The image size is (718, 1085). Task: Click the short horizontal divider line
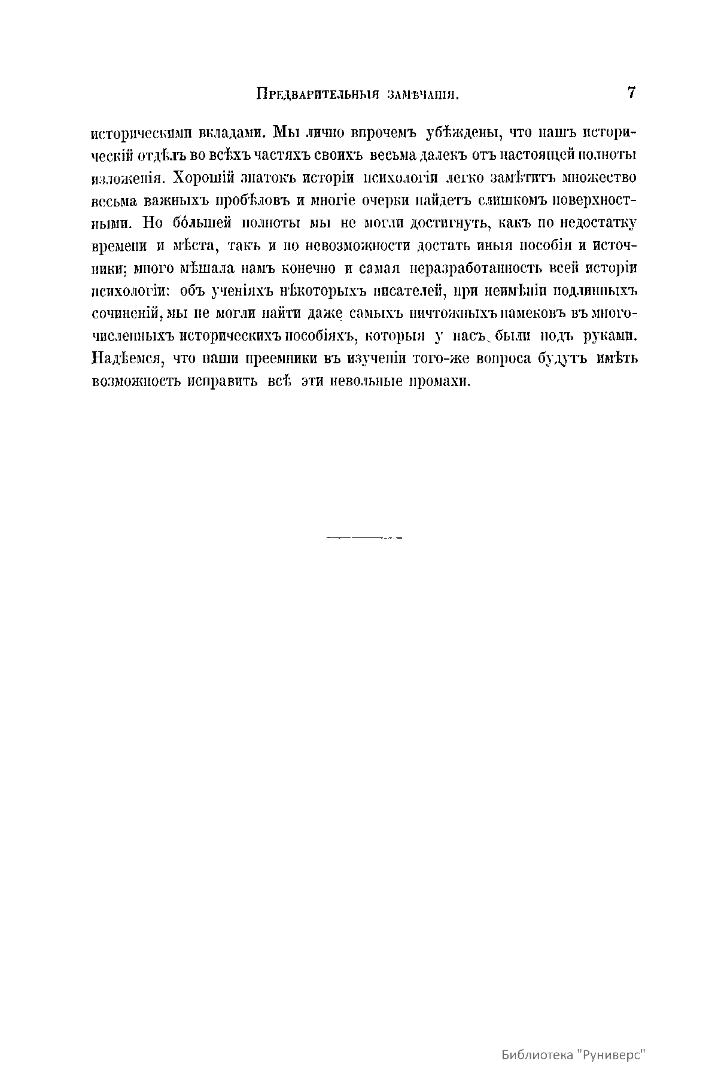coord(364,537)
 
